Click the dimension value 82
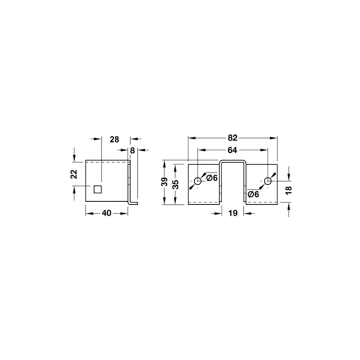point(232,138)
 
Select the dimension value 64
point(232,150)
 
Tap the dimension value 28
point(114,139)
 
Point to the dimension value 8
point(132,151)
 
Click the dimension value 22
point(74,174)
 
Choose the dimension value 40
point(106,213)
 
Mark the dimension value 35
point(175,185)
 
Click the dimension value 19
point(233,213)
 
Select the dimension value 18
point(289,190)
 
